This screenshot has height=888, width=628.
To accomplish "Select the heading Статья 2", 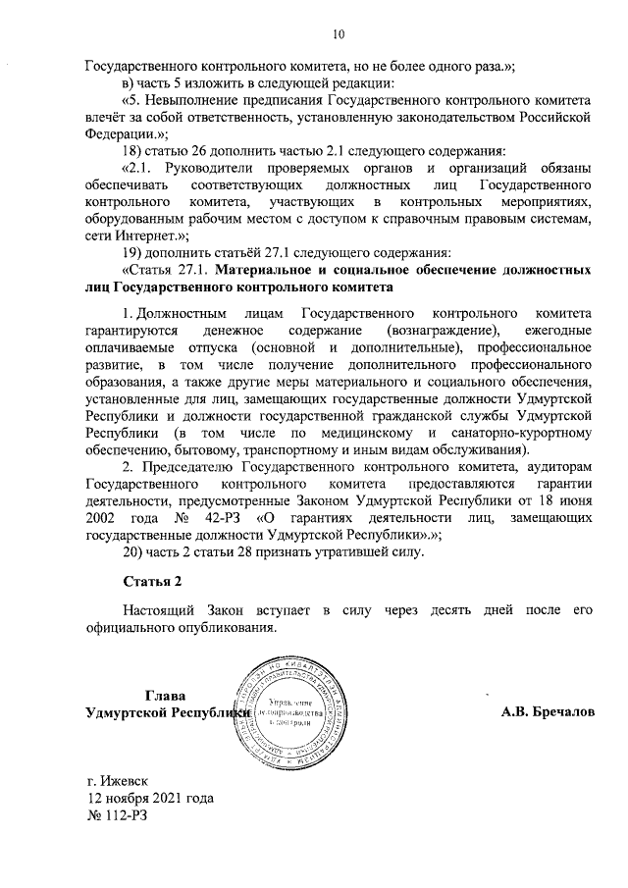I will click(146, 584).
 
